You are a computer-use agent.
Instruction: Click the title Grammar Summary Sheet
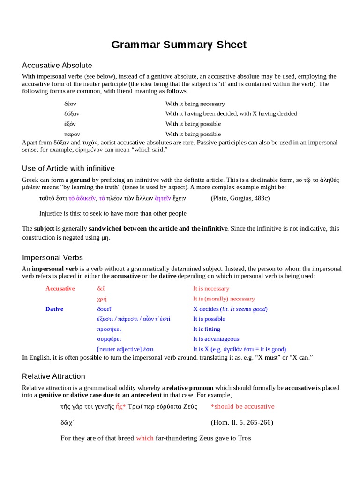[179, 45]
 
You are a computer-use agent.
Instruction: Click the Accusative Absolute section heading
[57, 65]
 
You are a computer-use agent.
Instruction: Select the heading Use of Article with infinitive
[68, 168]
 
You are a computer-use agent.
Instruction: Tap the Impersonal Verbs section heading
[52, 257]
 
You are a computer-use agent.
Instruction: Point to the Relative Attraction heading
[53, 376]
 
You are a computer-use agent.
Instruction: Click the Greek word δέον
[70, 104]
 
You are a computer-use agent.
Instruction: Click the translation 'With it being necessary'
[195, 104]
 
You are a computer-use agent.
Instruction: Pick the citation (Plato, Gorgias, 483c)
[240, 198]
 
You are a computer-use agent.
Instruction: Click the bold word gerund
[80, 180]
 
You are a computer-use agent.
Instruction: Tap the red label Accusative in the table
[60, 289]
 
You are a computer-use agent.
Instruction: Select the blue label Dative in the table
[54, 309]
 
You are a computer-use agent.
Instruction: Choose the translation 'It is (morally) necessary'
[224, 299]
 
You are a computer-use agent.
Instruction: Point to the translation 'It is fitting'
[207, 329]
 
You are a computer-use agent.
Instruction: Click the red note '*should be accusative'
[242, 406]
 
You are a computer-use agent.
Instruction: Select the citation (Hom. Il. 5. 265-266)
[242, 422]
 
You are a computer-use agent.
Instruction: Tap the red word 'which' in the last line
[145, 438]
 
